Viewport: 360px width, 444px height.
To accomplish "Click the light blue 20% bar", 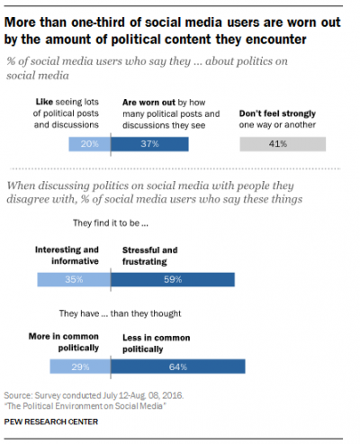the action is [90, 144].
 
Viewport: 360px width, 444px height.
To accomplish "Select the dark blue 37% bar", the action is [149, 144].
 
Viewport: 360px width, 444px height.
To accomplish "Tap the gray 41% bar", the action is [283, 144].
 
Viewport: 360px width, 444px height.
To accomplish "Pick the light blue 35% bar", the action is [74, 279].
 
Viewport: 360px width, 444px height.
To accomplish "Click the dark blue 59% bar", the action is [173, 279].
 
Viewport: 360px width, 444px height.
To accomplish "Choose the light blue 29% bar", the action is [80, 367].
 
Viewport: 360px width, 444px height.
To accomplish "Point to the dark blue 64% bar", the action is [178, 367].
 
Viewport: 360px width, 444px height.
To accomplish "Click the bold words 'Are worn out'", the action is [148, 103].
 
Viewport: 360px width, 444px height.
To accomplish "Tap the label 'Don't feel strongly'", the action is [277, 113].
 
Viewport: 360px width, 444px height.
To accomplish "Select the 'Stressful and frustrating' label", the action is [150, 256].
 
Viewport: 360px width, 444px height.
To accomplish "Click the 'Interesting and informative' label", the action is [67, 255].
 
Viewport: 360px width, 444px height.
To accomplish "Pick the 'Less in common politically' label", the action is [157, 343].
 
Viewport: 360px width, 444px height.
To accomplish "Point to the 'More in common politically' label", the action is [64, 342].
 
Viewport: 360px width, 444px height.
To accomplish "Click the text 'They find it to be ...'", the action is [111, 223].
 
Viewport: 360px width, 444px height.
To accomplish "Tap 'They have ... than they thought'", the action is [120, 313].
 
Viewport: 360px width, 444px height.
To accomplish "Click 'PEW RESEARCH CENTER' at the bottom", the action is [51, 421].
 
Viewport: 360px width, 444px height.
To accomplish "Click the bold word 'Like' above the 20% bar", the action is [44, 102].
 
